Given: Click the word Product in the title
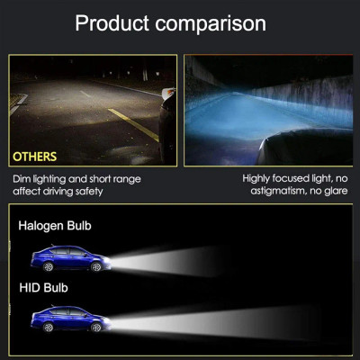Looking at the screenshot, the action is pyautogui.click(x=112, y=23).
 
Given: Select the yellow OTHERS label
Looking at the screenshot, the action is pyautogui.click(x=34, y=157).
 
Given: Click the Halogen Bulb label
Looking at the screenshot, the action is pyautogui.click(x=55, y=226).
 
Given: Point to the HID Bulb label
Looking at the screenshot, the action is pyautogui.click(x=43, y=288).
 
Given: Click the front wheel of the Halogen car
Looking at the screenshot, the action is pyautogui.click(x=96, y=266).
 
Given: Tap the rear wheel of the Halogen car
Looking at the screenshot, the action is pyautogui.click(x=48, y=266).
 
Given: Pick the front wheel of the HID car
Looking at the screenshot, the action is pyautogui.click(x=96, y=327).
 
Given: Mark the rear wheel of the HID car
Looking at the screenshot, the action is pyautogui.click(x=48, y=327).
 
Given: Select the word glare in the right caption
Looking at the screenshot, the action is pyautogui.click(x=336, y=191).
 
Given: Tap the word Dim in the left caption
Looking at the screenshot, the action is pyautogui.click(x=22, y=179).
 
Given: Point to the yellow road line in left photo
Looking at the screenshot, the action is pyautogui.click(x=133, y=125).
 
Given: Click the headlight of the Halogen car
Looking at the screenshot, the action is pyautogui.click(x=106, y=260).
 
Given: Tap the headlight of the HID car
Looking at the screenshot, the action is pyautogui.click(x=106, y=320).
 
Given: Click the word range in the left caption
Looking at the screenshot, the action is pyautogui.click(x=127, y=180).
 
